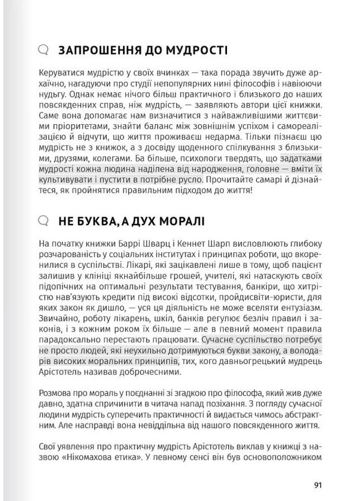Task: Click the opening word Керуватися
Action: click(x=62, y=73)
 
